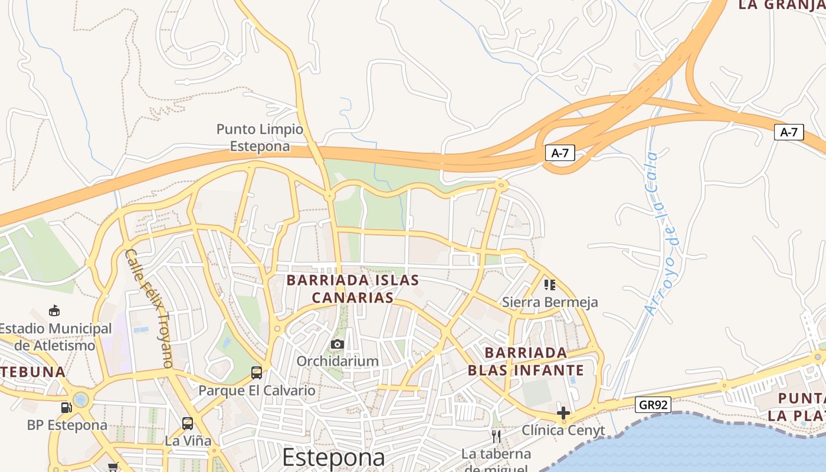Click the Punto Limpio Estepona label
[x=260, y=137]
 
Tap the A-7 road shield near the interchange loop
[x=559, y=153]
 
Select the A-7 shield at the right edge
[x=789, y=132]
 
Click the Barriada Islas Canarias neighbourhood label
[x=353, y=289]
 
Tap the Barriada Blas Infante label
[x=526, y=361]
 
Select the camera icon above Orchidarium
[x=337, y=344]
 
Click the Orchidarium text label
[x=337, y=360]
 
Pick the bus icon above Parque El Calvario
[x=257, y=372]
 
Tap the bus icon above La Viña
[x=188, y=423]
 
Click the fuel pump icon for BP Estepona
[x=66, y=407]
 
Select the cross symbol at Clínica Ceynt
[x=563, y=412]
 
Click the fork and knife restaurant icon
[x=496, y=437]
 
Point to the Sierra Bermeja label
[x=550, y=302]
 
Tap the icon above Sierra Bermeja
[x=550, y=286]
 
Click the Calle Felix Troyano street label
[x=149, y=308]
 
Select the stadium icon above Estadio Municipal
[x=54, y=310]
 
